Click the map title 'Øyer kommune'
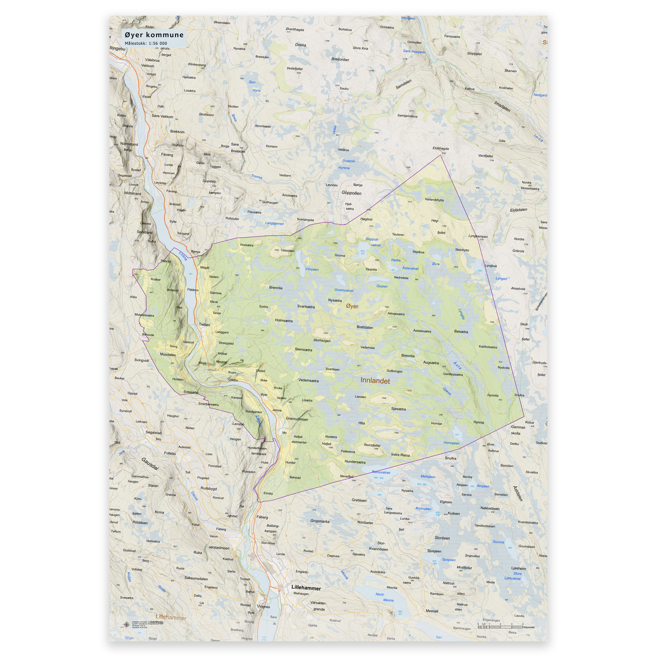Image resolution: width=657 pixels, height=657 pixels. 154,35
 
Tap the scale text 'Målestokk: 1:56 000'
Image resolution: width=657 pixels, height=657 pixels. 146,44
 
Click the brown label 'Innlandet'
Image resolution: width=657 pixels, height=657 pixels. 375,381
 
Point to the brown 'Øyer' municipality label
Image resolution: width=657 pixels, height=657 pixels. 352,306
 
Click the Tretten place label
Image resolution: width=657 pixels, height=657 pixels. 204,324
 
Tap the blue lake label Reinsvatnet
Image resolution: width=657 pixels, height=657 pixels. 381,472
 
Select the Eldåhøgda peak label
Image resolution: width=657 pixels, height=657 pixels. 441,148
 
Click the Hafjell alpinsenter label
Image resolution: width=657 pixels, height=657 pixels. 299,439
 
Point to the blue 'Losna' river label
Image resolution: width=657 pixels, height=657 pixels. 183,256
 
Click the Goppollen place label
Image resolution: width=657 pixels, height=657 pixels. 351,193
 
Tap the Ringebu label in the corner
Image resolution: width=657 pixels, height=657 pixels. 117,49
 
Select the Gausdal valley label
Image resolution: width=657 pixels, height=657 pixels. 150,464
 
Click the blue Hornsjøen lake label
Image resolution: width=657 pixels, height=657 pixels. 451,443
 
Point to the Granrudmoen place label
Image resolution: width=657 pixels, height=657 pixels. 297,419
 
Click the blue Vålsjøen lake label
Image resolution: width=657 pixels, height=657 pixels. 311,269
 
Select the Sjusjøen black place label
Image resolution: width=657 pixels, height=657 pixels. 434,551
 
